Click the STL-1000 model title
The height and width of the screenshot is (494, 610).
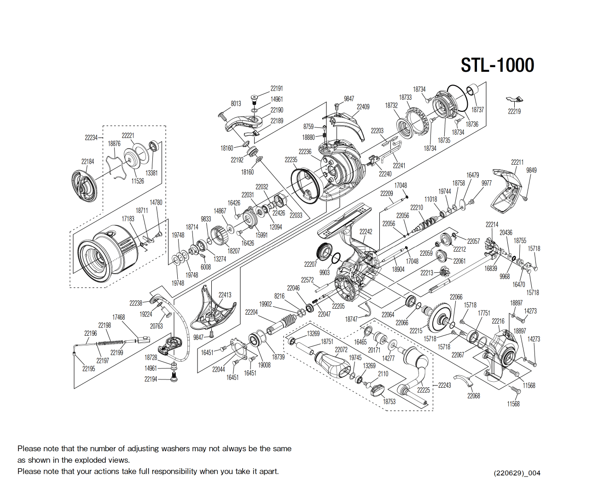pos(497,65)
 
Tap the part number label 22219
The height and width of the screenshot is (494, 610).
pos(514,111)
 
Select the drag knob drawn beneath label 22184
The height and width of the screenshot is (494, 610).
pos(85,185)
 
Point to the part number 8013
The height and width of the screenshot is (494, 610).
pos(236,103)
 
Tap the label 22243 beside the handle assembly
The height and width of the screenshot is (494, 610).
pos(444,385)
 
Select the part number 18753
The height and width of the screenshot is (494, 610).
pos(389,402)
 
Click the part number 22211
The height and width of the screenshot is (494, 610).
pos(517,162)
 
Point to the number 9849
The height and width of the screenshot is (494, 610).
pos(531,170)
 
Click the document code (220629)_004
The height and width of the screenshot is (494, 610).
pos(517,473)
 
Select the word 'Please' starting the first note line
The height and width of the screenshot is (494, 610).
pos(29,448)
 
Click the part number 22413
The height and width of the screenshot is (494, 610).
pos(225,295)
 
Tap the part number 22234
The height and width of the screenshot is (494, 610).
pos(91,138)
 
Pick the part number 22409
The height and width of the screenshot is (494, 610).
pos(363,107)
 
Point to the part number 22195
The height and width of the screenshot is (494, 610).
pos(88,368)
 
